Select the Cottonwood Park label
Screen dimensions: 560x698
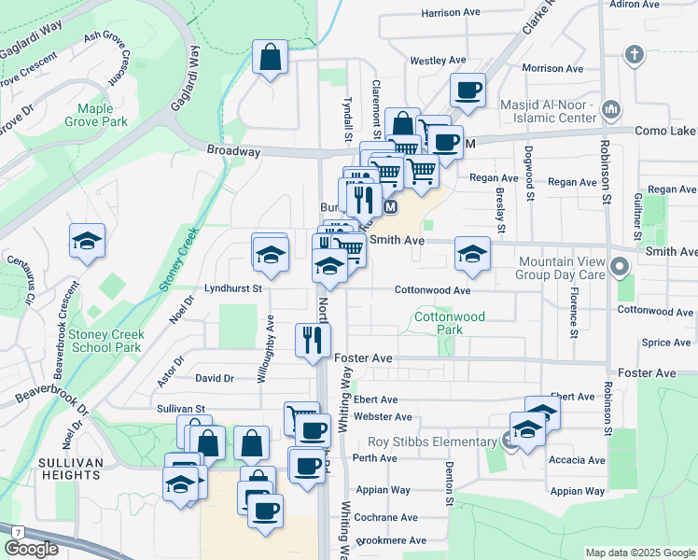[x=450, y=323]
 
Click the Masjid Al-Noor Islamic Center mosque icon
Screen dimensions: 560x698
[x=612, y=111]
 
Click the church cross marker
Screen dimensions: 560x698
[x=635, y=54]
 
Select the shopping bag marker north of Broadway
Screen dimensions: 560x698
[x=270, y=58]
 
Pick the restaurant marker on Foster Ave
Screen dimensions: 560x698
[x=313, y=339]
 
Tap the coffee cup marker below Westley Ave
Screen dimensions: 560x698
[x=468, y=91]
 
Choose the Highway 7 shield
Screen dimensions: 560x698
[x=17, y=531]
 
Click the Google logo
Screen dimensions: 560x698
[x=31, y=549]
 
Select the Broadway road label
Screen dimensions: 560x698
[x=233, y=150]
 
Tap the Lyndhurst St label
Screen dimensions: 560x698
[x=232, y=289]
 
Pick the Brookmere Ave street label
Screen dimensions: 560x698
[x=391, y=540]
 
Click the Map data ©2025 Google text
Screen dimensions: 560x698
[x=639, y=553]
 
